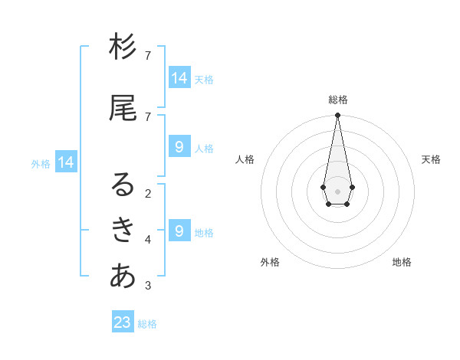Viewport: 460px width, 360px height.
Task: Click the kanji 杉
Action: point(123,48)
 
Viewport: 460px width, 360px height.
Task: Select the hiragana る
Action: point(123,184)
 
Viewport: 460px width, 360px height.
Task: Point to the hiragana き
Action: point(123,229)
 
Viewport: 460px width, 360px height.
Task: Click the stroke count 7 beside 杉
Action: point(147,56)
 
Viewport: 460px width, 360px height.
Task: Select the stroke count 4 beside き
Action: point(147,240)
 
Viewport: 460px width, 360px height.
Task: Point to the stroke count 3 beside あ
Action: point(147,286)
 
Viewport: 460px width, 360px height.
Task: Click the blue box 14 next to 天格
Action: point(179,78)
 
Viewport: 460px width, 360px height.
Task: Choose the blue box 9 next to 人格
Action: point(179,147)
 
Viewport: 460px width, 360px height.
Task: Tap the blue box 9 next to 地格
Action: point(179,231)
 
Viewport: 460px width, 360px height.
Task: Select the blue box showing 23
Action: point(123,322)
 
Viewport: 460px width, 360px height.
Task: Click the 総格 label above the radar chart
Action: point(338,100)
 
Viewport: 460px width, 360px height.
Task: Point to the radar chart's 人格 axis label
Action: point(245,159)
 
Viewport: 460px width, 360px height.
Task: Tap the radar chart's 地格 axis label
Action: point(402,262)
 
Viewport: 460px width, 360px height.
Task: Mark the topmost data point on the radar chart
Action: point(337,116)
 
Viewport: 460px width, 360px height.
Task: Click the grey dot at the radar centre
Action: point(337,191)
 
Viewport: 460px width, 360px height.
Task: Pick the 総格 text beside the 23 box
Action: point(147,324)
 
